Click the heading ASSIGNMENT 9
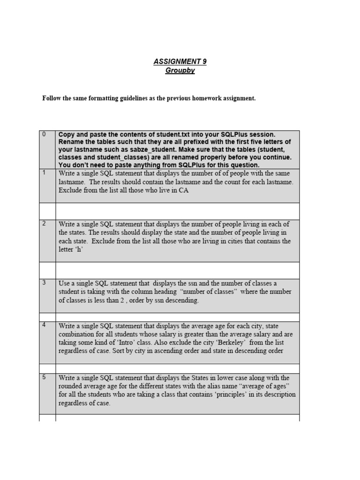click(x=180, y=62)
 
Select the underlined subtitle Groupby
click(x=180, y=70)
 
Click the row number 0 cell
click(x=47, y=150)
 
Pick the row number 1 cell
click(x=47, y=186)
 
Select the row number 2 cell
click(x=47, y=240)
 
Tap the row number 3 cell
click(x=47, y=296)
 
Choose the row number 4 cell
click(x=47, y=342)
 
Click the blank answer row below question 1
click(x=177, y=211)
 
